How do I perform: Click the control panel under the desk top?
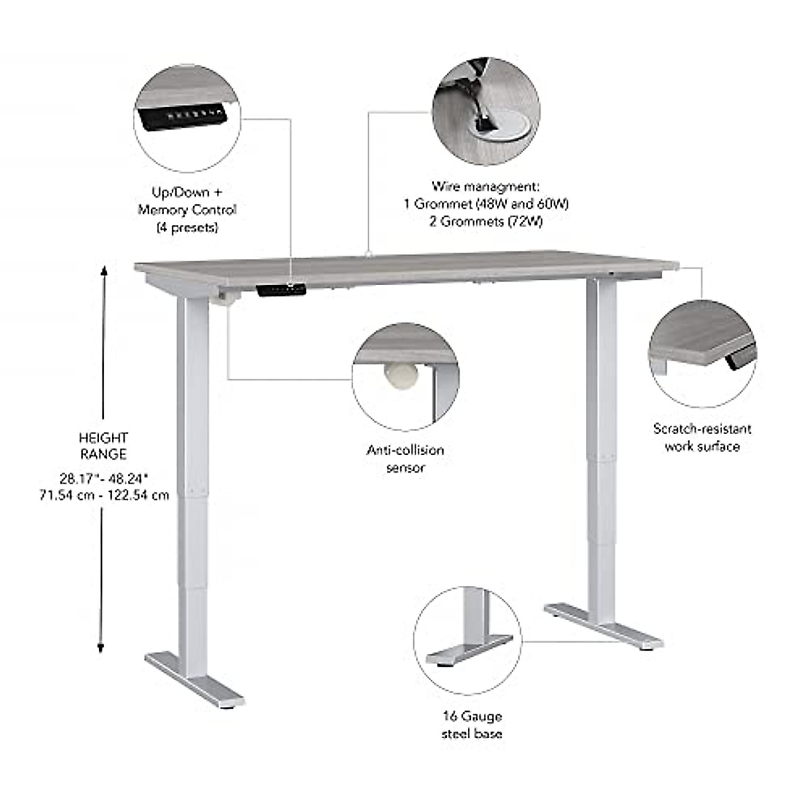(281, 289)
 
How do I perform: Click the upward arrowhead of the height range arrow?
(104, 271)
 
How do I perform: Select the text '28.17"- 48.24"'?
(104, 479)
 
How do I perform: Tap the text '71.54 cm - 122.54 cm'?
(104, 496)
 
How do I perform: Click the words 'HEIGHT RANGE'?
(103, 446)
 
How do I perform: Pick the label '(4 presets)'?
(187, 228)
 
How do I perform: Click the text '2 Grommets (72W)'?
(485, 220)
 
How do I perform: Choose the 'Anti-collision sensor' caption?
(405, 458)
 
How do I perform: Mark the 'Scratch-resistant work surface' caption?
(702, 437)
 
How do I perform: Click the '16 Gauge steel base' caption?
(472, 725)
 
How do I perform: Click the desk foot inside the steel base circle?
(467, 651)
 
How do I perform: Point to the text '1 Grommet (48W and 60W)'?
(485, 203)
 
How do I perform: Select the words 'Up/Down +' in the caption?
(187, 192)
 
